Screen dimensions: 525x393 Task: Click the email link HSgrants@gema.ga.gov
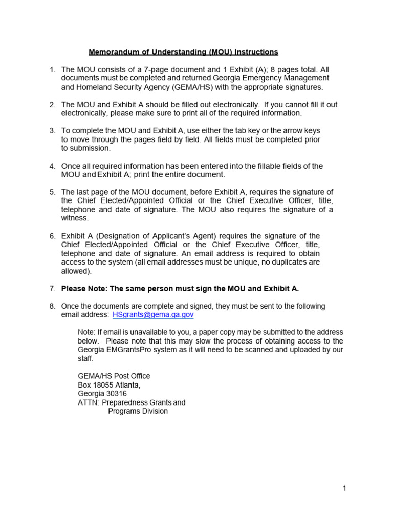(153, 315)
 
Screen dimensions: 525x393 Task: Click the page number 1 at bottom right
(345, 489)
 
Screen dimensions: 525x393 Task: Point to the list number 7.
(52, 288)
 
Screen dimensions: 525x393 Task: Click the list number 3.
(52, 131)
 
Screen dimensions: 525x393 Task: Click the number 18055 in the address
(103, 385)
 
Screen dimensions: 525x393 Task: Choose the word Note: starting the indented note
(87, 332)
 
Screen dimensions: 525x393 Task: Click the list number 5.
(52, 192)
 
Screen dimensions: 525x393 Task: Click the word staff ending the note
(85, 358)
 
